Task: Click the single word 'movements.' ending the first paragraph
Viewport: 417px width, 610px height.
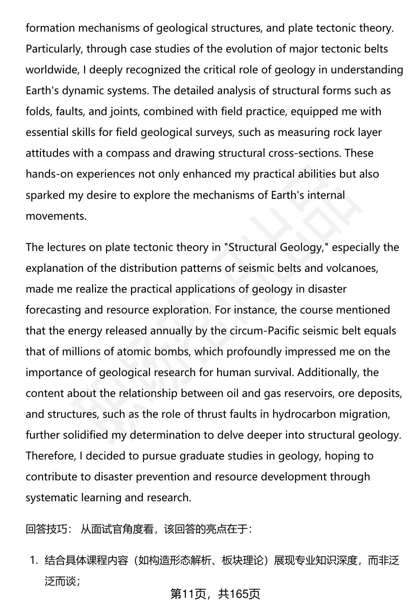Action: pyautogui.click(x=56, y=216)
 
